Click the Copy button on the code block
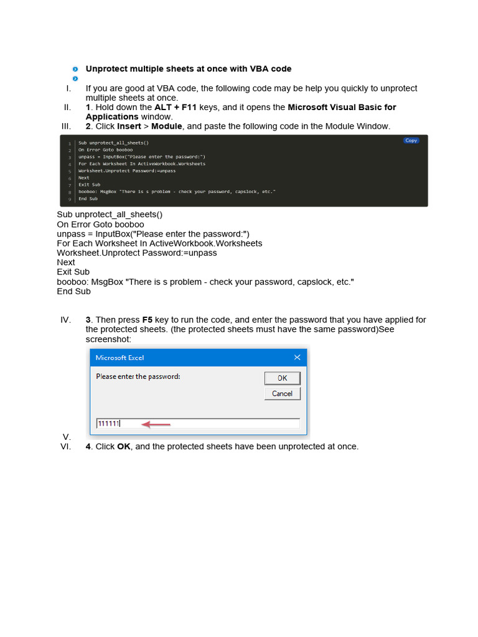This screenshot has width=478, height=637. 411,141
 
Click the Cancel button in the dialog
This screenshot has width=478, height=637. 282,394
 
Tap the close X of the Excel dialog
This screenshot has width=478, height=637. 298,358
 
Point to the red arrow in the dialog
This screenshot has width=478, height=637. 156,424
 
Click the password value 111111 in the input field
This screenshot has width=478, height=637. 108,424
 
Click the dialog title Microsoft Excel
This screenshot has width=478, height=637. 119,358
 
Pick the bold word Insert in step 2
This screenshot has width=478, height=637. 129,126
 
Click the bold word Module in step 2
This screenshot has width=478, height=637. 167,126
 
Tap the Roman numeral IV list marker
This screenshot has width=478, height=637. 65,320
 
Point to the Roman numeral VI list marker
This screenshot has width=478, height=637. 65,447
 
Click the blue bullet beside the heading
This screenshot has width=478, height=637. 75,69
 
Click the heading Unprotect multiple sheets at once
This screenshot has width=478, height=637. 188,69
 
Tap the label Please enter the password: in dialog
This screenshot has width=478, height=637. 138,376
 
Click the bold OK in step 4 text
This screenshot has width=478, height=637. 124,447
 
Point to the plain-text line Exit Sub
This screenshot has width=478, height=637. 73,272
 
